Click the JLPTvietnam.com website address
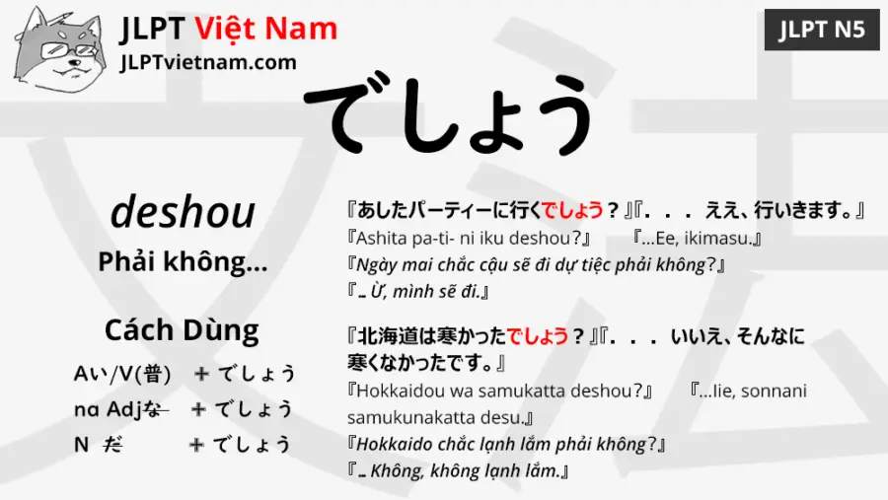(207, 62)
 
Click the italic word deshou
(183, 212)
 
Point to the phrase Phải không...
(183, 262)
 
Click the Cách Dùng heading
(183, 329)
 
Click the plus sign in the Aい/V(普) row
(201, 374)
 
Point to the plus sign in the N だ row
(196, 445)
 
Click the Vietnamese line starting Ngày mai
(538, 265)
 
